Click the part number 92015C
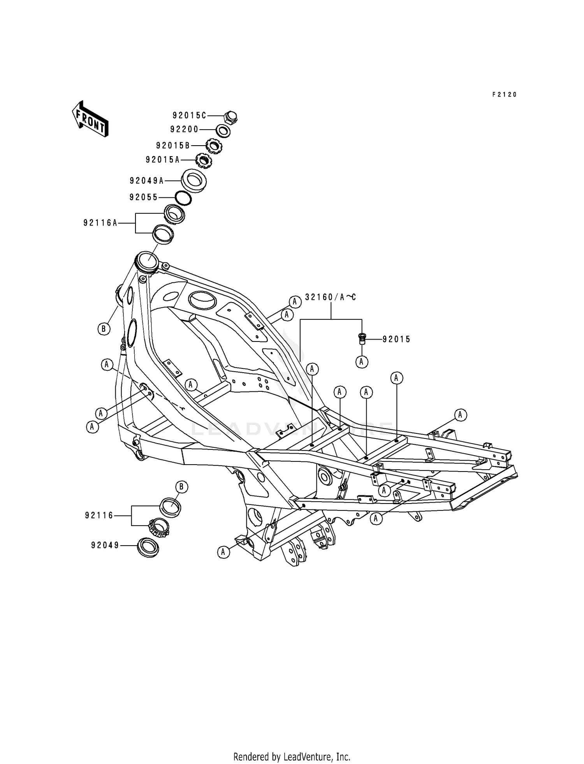pyautogui.click(x=189, y=116)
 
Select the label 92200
pyautogui.click(x=184, y=129)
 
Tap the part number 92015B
pyautogui.click(x=173, y=146)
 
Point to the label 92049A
pyautogui.click(x=147, y=181)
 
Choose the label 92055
pyautogui.click(x=144, y=197)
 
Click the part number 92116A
pyautogui.click(x=100, y=223)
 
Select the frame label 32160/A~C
pyautogui.click(x=331, y=298)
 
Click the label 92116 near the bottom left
pyautogui.click(x=99, y=516)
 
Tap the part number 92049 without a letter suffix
pyautogui.click(x=105, y=546)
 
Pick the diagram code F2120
pyautogui.click(x=504, y=95)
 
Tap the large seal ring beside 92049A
pyautogui.click(x=194, y=180)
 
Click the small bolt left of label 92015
pyautogui.click(x=362, y=339)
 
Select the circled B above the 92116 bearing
pyautogui.click(x=181, y=487)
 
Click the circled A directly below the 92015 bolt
pyautogui.click(x=361, y=362)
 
